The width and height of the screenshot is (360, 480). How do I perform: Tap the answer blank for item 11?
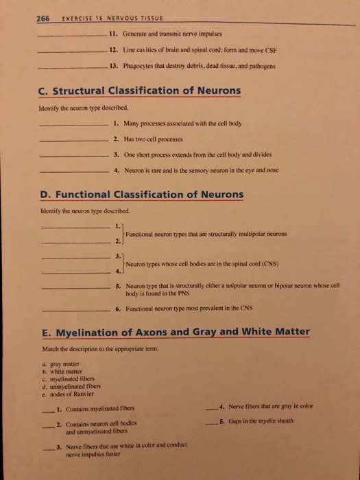[72, 34]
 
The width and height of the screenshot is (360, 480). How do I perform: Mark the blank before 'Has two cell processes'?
[72, 139]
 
